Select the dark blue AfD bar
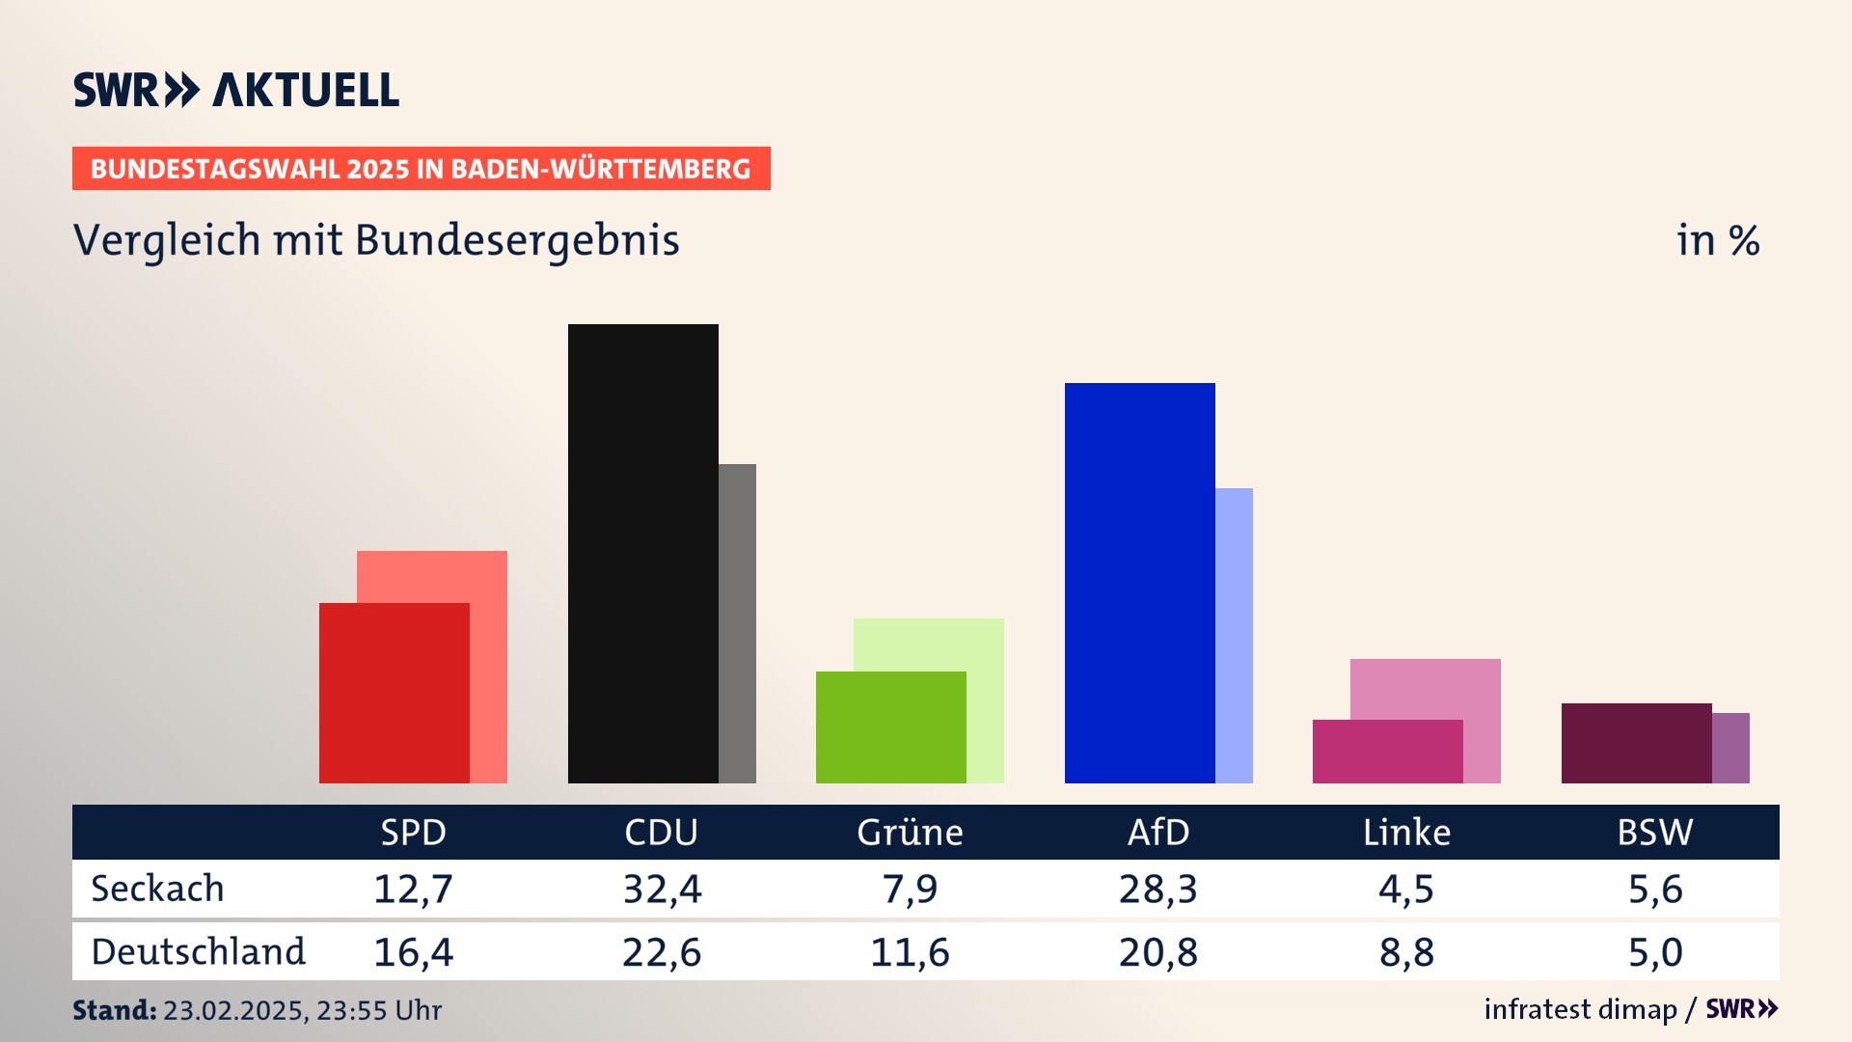[x=1139, y=583]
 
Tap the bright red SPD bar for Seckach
[x=394, y=693]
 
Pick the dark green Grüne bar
[x=890, y=727]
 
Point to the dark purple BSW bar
[x=1636, y=743]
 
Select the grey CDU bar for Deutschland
[x=737, y=623]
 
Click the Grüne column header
[x=910, y=833]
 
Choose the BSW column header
[x=1654, y=833]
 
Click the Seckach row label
[x=157, y=889]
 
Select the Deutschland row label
[x=198, y=952]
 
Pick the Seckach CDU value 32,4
[x=662, y=889]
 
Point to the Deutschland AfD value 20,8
[x=1157, y=952]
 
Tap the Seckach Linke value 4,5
[x=1406, y=889]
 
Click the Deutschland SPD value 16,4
[x=413, y=952]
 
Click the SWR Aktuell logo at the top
[x=236, y=90]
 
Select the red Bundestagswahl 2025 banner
[x=421, y=169]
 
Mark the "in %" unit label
[x=1718, y=240]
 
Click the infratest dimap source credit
[x=1580, y=1009]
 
